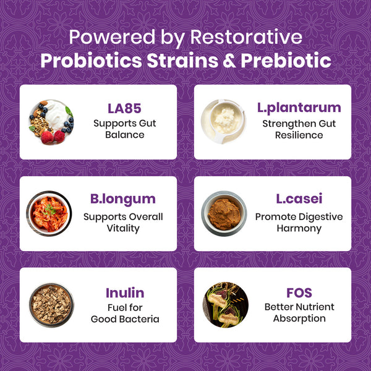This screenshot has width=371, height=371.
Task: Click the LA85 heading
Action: pos(124,108)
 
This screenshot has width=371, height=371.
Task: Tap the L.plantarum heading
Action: pos(299,108)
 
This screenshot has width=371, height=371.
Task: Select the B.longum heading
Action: pos(123,200)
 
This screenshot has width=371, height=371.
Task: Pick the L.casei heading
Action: pos(299,200)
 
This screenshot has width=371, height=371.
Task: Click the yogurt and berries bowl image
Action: pos(51,121)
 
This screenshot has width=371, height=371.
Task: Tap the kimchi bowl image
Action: pos(49,213)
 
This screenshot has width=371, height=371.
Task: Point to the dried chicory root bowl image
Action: pos(51,305)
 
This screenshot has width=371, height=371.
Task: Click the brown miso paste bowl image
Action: pos(224,213)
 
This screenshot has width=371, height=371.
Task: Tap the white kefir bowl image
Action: pos(224,121)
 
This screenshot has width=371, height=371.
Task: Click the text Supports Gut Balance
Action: pos(124,129)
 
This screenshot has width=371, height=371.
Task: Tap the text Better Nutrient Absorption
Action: pos(299,312)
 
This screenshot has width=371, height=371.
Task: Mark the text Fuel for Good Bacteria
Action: pos(125,312)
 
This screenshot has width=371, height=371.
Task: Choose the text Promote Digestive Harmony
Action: pos(299,222)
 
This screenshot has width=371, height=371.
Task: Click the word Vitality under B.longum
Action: pos(123,228)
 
